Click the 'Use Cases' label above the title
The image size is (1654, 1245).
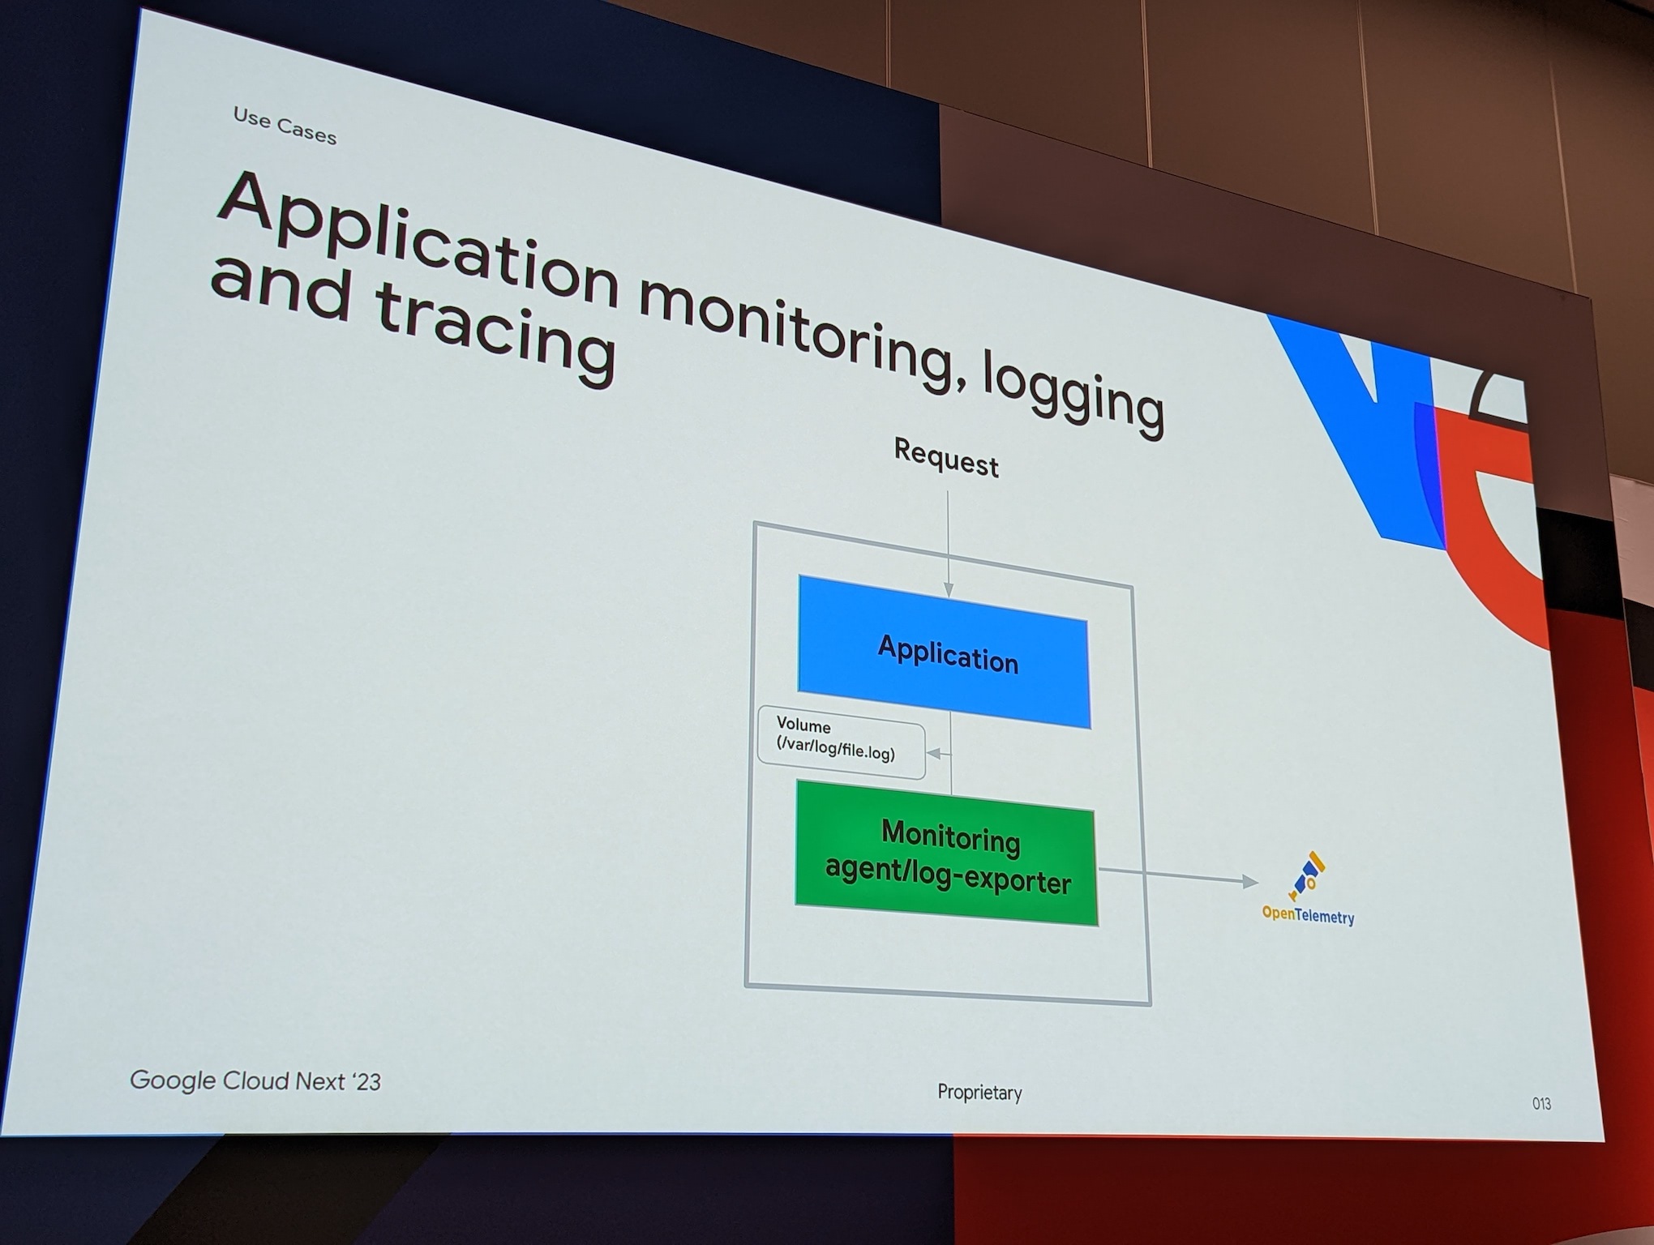(285, 126)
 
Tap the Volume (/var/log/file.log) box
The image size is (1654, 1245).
(840, 742)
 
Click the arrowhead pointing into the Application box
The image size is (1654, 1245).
(949, 589)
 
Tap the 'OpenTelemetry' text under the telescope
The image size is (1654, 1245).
(1308, 916)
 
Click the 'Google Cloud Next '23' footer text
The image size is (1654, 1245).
(255, 1080)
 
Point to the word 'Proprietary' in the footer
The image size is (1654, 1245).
(979, 1093)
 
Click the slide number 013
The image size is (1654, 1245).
(1541, 1104)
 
